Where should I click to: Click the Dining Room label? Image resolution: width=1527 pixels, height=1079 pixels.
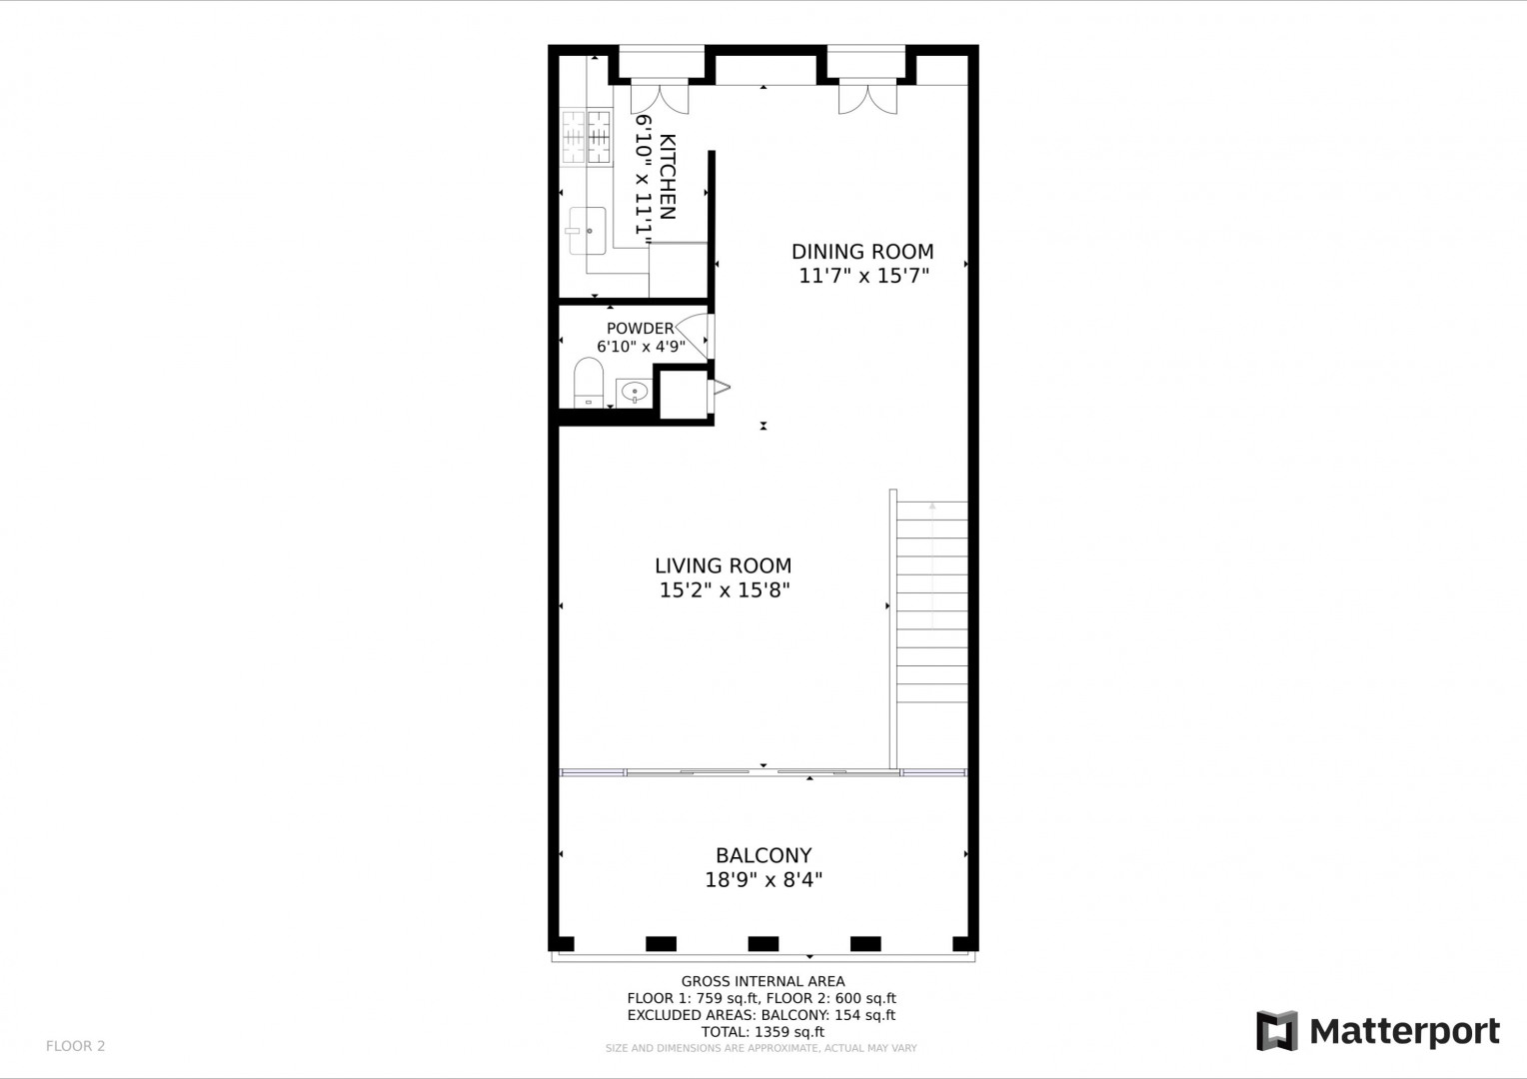pos(862,252)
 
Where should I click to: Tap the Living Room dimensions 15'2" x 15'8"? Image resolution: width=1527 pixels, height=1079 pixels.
pos(724,589)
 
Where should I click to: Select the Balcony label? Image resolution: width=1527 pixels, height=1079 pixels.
pos(763,855)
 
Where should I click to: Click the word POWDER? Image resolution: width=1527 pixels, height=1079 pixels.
pos(641,329)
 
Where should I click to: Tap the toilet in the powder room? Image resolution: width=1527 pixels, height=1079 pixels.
pos(589,382)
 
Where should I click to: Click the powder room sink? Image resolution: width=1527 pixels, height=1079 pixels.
pos(634,393)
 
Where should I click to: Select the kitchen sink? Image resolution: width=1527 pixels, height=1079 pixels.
pos(587,231)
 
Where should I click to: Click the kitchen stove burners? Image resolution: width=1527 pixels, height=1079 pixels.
pos(586,137)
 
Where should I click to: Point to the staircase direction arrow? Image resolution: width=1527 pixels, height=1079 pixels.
pos(931,565)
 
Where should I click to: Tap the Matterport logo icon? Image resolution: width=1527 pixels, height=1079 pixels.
pos(1277,1031)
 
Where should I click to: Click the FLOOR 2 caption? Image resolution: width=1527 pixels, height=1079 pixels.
pos(76,1046)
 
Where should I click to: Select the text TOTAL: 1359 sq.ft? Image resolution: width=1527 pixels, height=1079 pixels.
pos(763,1032)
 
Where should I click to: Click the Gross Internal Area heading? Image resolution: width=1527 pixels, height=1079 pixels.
pos(763,981)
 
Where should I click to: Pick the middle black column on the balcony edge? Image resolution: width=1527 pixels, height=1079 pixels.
pos(763,943)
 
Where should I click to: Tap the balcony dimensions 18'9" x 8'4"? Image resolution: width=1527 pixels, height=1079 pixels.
pos(763,880)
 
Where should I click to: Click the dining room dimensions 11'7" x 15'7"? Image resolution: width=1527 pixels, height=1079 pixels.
pos(864,276)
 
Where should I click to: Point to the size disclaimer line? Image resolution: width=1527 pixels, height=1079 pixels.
pos(762,1048)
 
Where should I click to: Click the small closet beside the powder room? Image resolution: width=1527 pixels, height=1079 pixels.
pos(684,395)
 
